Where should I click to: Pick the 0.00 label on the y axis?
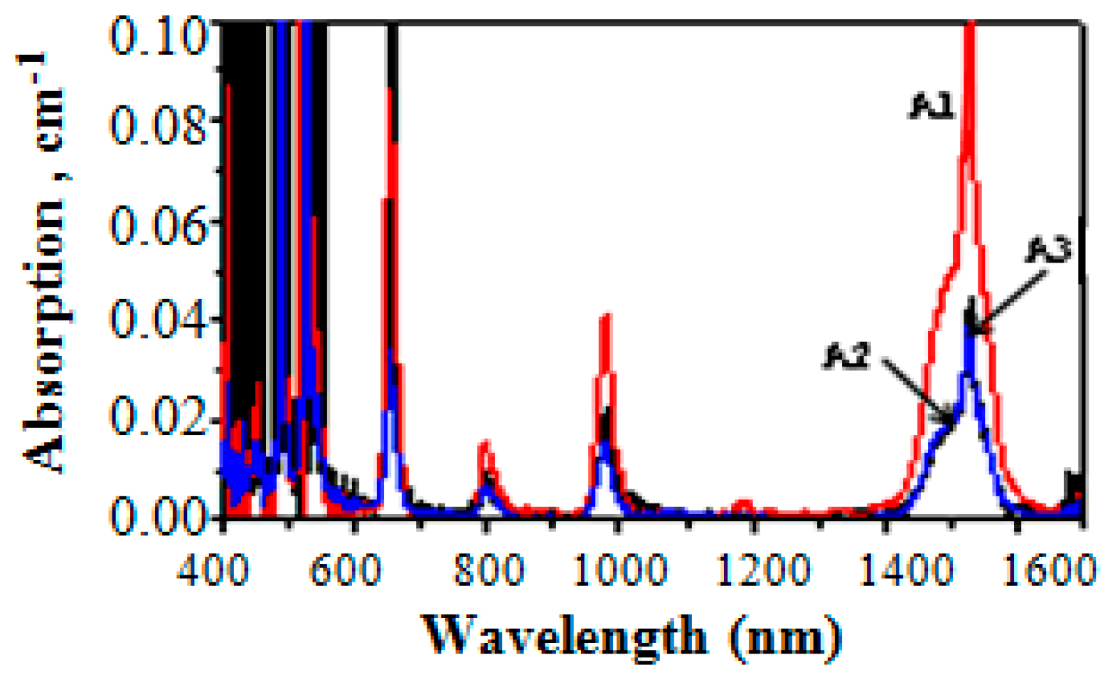tap(159, 517)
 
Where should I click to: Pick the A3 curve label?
tap(1049, 250)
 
